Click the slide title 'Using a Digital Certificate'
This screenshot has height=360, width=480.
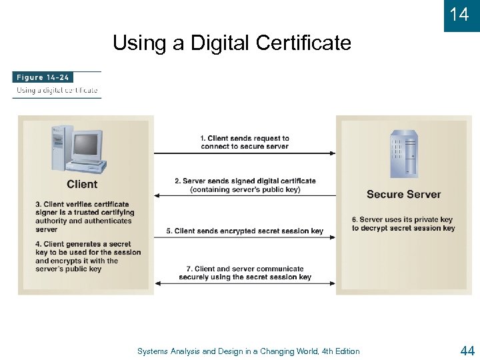coord(231,43)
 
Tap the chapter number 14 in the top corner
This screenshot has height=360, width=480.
coord(459,14)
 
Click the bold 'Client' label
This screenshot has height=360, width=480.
coord(82,185)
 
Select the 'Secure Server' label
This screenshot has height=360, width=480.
coord(403,195)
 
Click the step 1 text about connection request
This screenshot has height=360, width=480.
coord(245,142)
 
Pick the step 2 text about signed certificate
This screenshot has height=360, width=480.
coord(245,185)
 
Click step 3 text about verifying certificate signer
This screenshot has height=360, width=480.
coord(83,217)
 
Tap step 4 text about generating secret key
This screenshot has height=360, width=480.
coord(88,257)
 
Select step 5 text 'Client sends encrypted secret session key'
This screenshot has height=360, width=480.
coord(245,231)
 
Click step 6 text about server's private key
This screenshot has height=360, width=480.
coord(403,223)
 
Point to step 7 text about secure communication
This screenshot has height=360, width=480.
coord(245,273)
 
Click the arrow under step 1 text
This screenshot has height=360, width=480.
coord(245,153)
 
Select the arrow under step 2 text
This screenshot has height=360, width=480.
coord(245,196)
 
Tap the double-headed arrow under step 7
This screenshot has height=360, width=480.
coord(245,283)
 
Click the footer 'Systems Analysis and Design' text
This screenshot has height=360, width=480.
coord(248,351)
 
